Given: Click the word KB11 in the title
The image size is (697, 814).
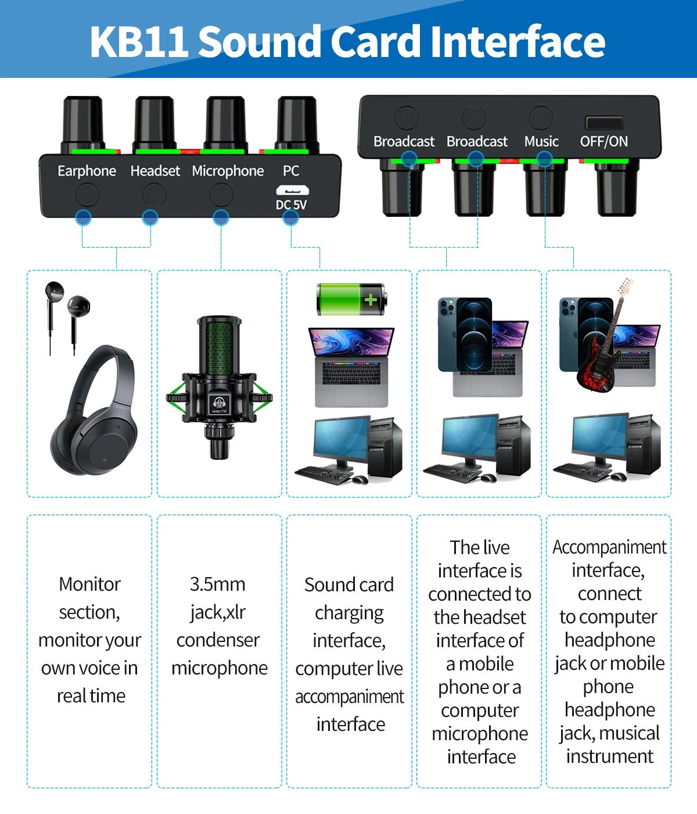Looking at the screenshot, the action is [x=139, y=42].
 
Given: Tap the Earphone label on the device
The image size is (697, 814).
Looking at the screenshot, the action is [x=87, y=171].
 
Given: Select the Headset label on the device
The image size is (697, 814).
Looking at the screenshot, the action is [x=155, y=171].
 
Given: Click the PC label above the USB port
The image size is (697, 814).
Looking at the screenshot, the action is [x=291, y=171].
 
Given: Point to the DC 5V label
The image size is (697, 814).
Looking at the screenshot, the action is [x=291, y=205].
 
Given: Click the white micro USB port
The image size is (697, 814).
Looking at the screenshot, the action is [x=292, y=190].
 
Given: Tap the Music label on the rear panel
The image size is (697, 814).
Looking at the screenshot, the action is [x=541, y=141].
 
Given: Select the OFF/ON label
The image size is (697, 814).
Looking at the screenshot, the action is [x=603, y=141].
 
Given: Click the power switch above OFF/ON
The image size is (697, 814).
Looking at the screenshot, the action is [x=604, y=123].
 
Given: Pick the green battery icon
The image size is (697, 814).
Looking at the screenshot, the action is [x=351, y=299].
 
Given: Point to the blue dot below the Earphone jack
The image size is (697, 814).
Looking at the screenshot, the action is [x=84, y=217].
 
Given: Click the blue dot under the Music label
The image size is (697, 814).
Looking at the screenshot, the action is [x=544, y=159].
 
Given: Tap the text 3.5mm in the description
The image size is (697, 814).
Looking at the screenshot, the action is [x=218, y=584].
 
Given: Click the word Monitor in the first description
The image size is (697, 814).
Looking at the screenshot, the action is [x=90, y=584].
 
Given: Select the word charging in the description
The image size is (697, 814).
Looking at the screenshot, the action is [x=349, y=613].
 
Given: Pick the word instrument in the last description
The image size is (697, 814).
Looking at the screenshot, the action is [x=610, y=756].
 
